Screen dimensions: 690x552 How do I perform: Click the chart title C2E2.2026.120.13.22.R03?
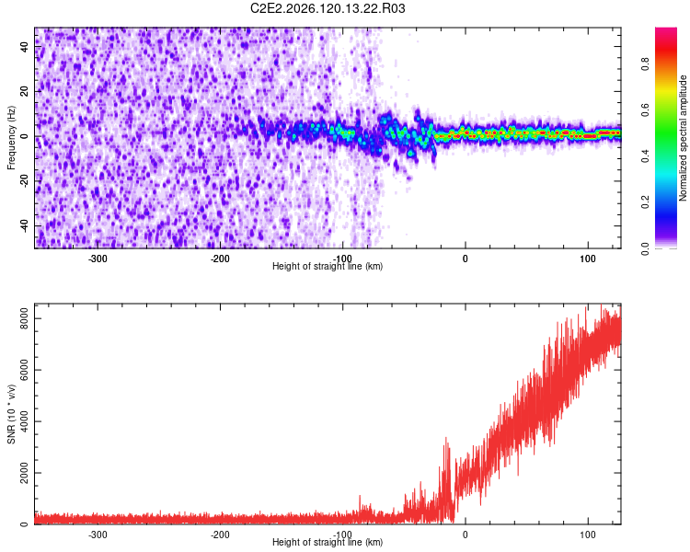(328, 8)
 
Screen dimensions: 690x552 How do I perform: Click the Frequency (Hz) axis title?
(11, 138)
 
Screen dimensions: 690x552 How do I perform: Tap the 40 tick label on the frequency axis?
(24, 46)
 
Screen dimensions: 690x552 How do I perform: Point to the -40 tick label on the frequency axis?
(24, 226)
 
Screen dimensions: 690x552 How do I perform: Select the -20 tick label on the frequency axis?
(24, 181)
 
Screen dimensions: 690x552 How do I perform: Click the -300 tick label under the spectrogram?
(98, 259)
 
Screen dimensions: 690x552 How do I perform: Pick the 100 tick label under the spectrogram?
(588, 259)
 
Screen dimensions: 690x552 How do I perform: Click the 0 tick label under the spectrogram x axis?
(466, 259)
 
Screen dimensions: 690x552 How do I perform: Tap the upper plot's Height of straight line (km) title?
(328, 266)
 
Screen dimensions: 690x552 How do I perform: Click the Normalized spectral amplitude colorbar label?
(683, 138)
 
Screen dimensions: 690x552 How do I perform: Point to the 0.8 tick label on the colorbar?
(645, 63)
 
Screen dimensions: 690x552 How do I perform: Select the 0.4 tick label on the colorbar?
(645, 155)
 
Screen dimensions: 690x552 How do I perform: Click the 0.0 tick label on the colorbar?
(645, 248)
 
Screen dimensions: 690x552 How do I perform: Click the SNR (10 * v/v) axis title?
(11, 414)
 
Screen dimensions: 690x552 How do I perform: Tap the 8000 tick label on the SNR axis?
(24, 318)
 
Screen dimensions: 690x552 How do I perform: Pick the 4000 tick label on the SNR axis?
(24, 421)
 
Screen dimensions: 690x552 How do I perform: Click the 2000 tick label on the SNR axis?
(24, 473)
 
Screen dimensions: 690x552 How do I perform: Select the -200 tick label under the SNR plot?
(220, 535)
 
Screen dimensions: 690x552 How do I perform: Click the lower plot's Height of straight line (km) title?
(328, 542)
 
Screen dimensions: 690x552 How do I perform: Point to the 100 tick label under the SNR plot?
(588, 535)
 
